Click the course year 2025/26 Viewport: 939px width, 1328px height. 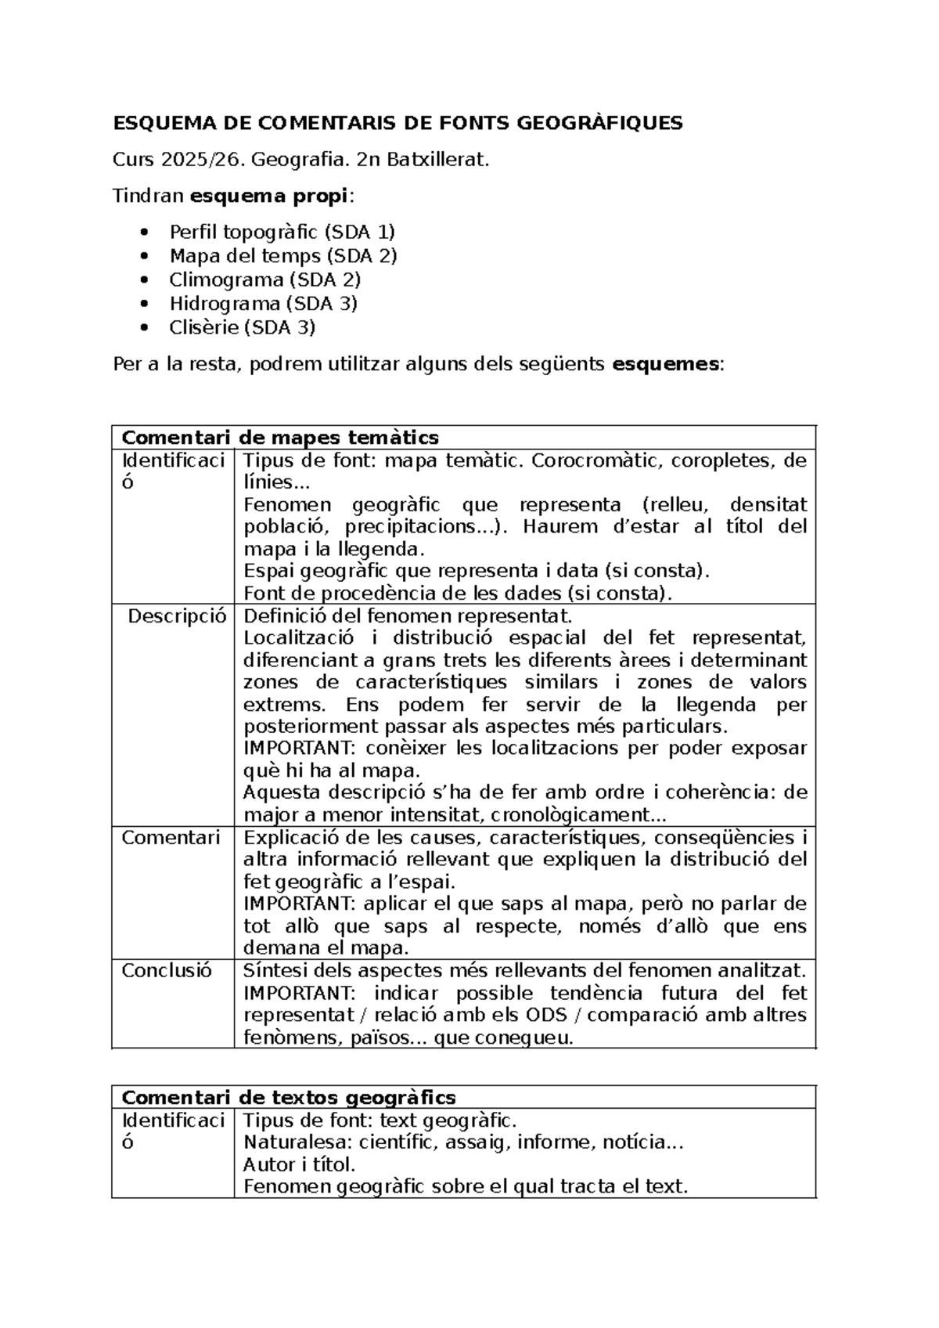[x=195, y=161]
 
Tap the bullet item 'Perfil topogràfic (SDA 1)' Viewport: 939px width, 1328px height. [x=282, y=232]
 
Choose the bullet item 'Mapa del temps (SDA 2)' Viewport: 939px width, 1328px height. [x=283, y=255]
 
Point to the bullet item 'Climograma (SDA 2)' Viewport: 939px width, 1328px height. [x=264, y=280]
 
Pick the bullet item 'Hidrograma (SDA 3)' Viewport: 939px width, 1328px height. [x=263, y=303]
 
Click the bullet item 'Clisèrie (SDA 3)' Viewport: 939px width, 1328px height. [x=242, y=327]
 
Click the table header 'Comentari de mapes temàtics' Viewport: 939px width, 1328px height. [x=280, y=437]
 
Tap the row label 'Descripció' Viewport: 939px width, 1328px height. [x=177, y=615]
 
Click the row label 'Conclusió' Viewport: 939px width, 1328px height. [x=167, y=971]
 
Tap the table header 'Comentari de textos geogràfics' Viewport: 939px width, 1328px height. [x=289, y=1097]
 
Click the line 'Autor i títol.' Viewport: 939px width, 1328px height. [x=300, y=1164]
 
